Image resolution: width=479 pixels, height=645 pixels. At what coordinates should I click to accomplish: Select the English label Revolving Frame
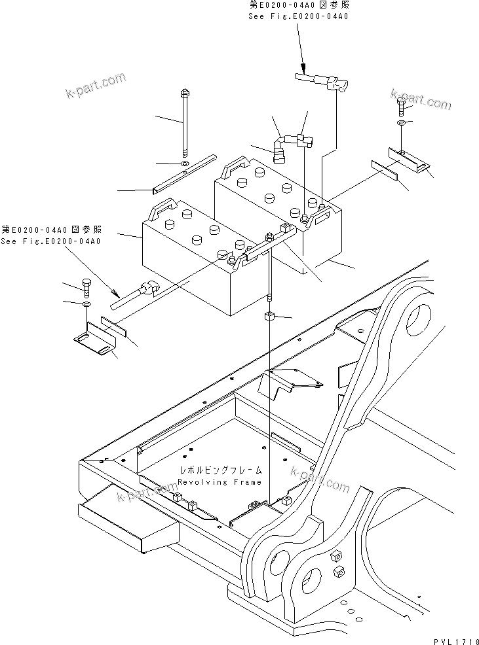[220, 482]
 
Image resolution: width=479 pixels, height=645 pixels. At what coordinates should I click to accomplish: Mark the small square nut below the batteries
[270, 318]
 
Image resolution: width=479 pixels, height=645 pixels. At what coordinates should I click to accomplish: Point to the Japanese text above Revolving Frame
[214, 471]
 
